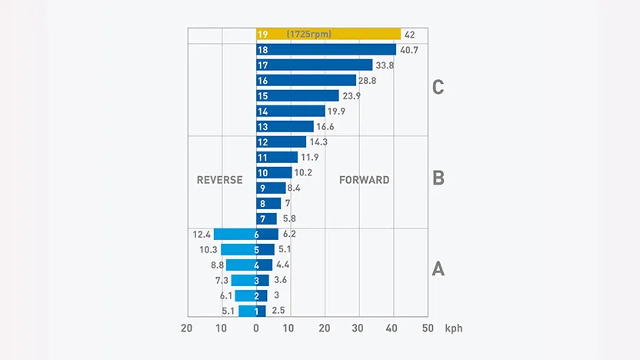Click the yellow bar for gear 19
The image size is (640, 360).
click(x=328, y=35)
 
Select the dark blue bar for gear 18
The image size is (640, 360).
click(x=326, y=50)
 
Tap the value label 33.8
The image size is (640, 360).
click(x=385, y=65)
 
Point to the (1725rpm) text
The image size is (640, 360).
click(x=309, y=35)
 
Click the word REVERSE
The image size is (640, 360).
click(x=219, y=180)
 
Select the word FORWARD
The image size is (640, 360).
click(x=364, y=180)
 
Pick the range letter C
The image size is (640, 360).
click(x=438, y=88)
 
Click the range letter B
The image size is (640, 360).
click(x=438, y=178)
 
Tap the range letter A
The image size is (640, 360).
click(x=438, y=269)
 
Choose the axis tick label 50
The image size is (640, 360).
click(x=428, y=328)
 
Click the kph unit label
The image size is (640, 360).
click(x=454, y=328)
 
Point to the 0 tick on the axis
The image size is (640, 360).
click(x=256, y=328)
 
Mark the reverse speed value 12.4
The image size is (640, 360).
click(x=202, y=235)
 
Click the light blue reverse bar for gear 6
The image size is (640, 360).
click(x=235, y=235)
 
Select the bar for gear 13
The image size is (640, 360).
click(x=285, y=126)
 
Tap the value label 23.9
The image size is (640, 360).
click(x=352, y=96)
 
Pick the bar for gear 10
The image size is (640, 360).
click(x=274, y=172)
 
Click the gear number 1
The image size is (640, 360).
click(x=256, y=312)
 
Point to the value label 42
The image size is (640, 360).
click(x=410, y=35)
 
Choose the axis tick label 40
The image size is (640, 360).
click(x=392, y=328)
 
